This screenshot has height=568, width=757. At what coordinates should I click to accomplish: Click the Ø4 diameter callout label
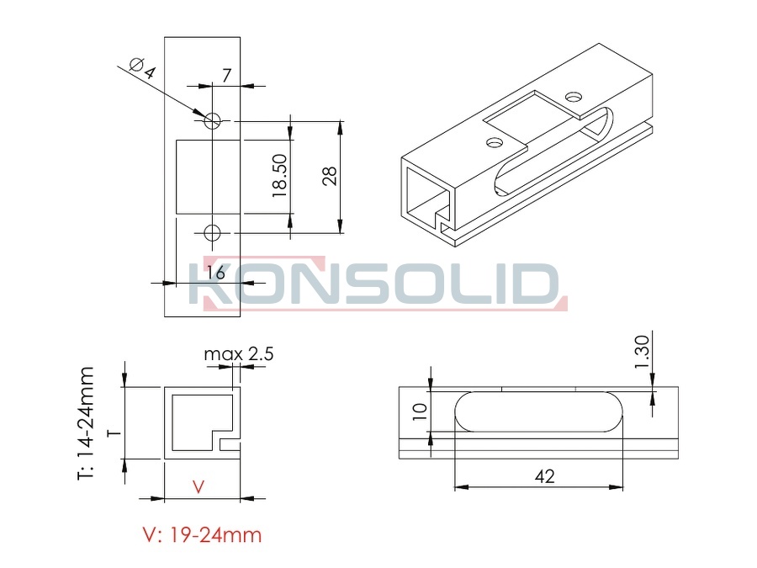pyautogui.click(x=143, y=69)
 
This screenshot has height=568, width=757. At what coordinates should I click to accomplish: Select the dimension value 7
pyautogui.click(x=226, y=76)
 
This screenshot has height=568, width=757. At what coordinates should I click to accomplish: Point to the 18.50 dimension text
pyautogui.click(x=279, y=175)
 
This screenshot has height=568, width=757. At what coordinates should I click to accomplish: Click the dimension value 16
pyautogui.click(x=216, y=273)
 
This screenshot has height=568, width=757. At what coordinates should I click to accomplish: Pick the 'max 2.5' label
pyautogui.click(x=239, y=354)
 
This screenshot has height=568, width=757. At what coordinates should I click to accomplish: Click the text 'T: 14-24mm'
pyautogui.click(x=86, y=423)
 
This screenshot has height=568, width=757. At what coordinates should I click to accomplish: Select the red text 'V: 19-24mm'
pyautogui.click(x=202, y=534)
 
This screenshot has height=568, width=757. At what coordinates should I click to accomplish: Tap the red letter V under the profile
pyautogui.click(x=199, y=487)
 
